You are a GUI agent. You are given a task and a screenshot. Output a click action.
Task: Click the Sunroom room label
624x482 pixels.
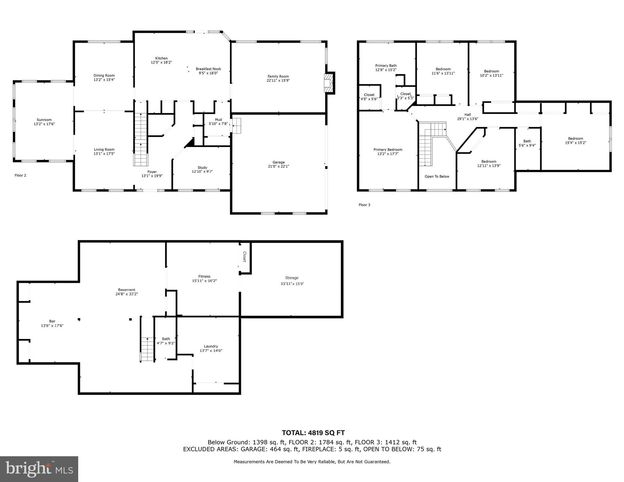coord(44,120)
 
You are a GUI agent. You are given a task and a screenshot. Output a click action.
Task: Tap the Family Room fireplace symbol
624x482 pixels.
coord(328,83)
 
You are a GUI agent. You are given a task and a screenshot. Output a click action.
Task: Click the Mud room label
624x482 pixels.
coord(218,120)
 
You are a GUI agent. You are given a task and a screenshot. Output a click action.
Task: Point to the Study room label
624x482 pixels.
coord(202,168)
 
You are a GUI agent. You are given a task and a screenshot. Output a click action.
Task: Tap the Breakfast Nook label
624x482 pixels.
coord(208,69)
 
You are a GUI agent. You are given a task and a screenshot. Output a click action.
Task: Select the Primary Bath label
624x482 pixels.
coord(386,66)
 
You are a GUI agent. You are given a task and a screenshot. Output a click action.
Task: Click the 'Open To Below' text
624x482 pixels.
coord(437,176)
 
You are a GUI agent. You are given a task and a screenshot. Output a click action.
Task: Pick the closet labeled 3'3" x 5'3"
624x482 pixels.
coord(405,96)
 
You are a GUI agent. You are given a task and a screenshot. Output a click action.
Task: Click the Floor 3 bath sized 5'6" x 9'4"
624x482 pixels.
coord(527,143)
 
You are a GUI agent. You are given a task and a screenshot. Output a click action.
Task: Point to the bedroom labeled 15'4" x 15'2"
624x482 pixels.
coord(575,140)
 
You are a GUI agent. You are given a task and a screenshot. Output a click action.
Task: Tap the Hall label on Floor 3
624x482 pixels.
coord(468,115)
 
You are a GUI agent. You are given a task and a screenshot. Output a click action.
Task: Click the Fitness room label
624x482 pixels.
coord(204,277)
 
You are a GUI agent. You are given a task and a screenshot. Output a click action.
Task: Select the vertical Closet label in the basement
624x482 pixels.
coord(245,257)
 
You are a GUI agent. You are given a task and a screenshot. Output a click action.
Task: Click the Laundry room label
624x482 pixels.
coord(211,346)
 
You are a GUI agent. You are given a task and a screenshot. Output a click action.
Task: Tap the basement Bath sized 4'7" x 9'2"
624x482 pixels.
coord(166,341)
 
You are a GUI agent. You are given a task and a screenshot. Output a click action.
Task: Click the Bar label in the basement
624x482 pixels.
coord(52,321)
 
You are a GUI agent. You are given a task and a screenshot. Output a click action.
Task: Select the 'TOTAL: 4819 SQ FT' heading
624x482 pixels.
coord(313,433)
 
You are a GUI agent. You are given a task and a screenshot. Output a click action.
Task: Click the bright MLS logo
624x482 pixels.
coord(39,469)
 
